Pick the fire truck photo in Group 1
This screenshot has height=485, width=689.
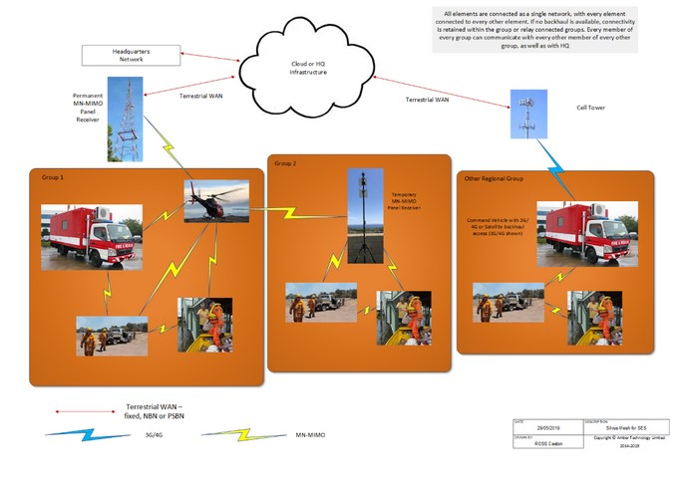coord(91,236)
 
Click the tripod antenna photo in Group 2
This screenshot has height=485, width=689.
coord(363,218)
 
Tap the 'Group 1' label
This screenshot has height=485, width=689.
coord(52,176)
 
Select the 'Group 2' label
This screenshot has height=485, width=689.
coord(286,162)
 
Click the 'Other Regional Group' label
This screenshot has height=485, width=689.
coord(495,179)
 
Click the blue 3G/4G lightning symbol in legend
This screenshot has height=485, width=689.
coord(74,435)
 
